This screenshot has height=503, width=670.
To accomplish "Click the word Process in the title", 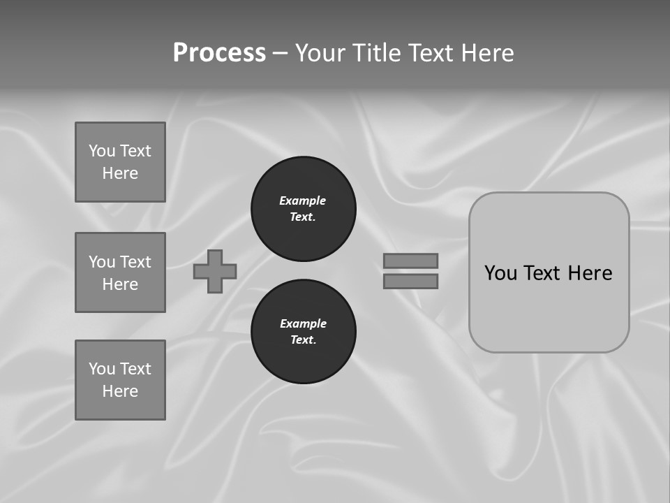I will tap(219, 53).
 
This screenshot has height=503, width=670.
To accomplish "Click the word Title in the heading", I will tap(377, 53).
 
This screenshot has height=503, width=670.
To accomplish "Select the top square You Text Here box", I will tap(120, 162).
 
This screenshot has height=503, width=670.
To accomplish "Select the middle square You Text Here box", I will tap(120, 272).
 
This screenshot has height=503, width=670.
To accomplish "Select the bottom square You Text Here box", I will tap(120, 380).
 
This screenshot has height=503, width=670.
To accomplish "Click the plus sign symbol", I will tap(215, 271).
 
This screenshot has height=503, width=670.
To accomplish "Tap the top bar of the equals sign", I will tap(410, 261).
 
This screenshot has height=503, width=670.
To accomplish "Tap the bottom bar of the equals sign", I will tap(410, 281).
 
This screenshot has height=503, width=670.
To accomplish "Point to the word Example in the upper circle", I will tap(303, 201).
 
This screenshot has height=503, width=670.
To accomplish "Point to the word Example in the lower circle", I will tap(303, 323).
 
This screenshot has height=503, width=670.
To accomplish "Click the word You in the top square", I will tap(102, 151).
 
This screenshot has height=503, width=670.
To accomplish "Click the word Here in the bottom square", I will tap(120, 391).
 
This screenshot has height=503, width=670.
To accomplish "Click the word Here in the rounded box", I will tap(590, 273).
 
